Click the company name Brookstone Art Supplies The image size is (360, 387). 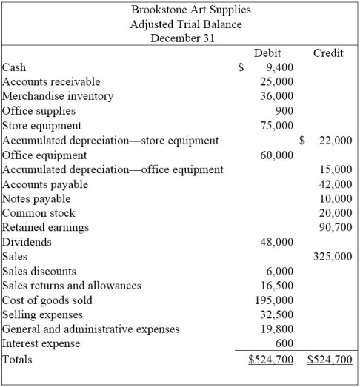[180, 10]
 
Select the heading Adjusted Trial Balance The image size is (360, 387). [180, 24]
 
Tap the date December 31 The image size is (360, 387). [180, 38]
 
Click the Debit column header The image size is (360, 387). [267, 53]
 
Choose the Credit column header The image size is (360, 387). [328, 53]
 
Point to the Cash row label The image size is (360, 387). [14, 67]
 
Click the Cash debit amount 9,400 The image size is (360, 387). [279, 67]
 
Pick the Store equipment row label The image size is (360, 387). [42, 125]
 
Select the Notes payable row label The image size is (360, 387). [37, 198]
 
